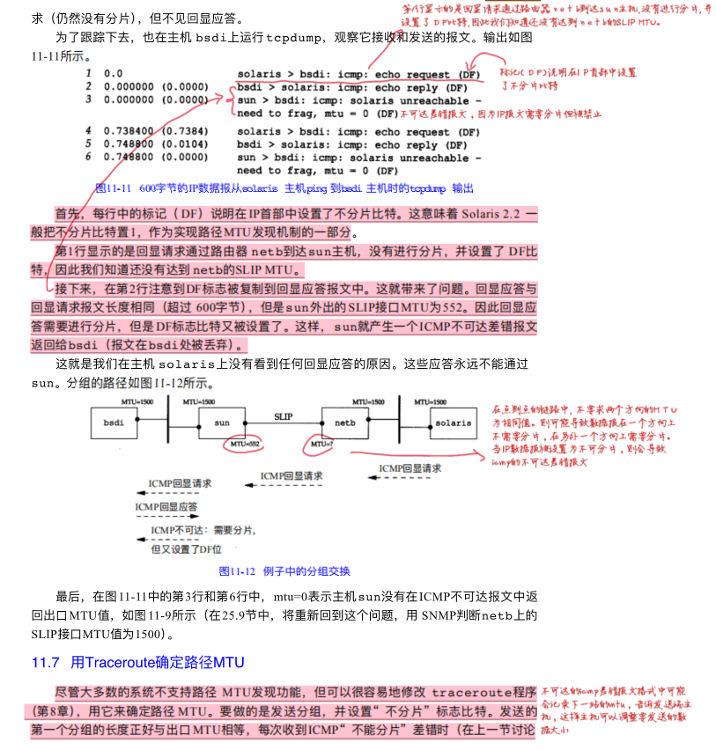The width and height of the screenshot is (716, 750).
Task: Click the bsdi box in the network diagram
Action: click(114, 423)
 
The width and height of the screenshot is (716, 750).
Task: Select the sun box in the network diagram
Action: click(222, 423)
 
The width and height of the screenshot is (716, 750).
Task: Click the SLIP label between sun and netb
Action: click(283, 415)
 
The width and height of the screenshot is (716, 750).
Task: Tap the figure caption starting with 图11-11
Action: click(284, 187)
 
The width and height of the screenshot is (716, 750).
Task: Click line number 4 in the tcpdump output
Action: click(88, 131)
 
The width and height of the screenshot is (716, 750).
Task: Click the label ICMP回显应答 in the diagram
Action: click(166, 508)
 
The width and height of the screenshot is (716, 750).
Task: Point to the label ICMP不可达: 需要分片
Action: click(203, 531)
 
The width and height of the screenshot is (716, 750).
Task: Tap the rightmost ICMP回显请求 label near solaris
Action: click(410, 469)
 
